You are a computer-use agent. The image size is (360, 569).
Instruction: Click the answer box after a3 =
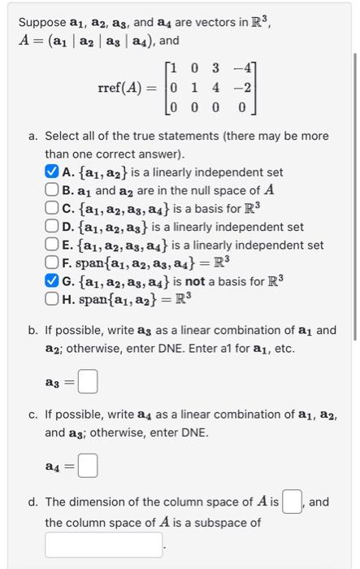[x=88, y=380]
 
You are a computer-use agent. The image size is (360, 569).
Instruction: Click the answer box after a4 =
[x=88, y=467]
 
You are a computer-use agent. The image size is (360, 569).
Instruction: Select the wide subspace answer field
[x=104, y=545]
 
